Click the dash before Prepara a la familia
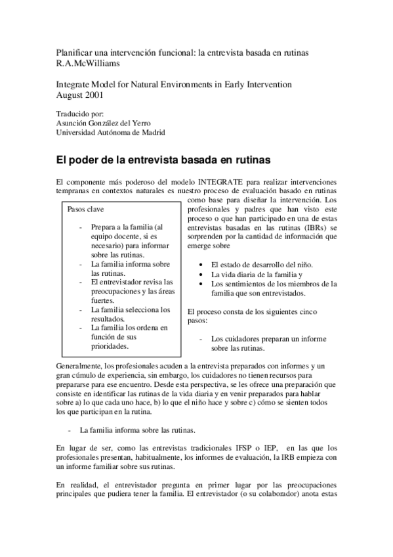pyautogui.click(x=79, y=227)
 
